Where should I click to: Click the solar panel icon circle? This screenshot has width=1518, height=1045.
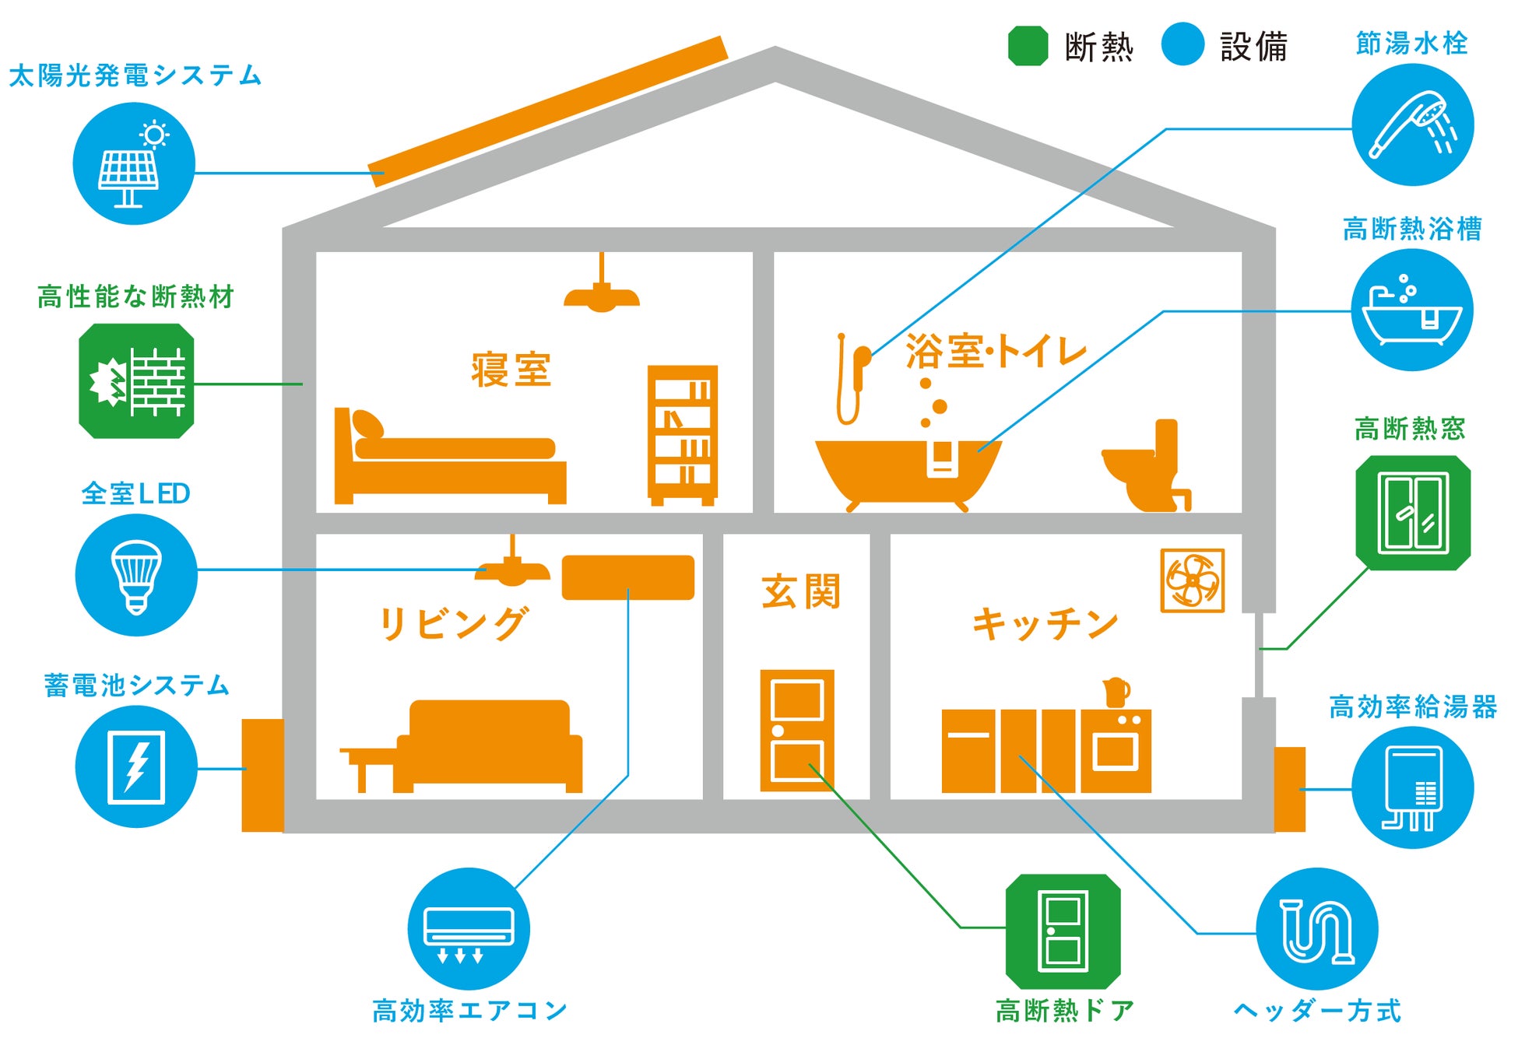[x=133, y=164]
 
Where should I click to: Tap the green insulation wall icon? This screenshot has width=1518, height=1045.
[x=136, y=381]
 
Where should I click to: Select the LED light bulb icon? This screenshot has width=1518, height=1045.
[x=136, y=575]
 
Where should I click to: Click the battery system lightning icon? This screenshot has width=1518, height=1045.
[x=136, y=766]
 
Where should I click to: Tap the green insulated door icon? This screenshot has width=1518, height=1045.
[x=1063, y=931]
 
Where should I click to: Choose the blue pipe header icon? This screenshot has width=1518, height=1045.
[x=1317, y=929]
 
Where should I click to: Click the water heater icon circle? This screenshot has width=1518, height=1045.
[x=1412, y=787]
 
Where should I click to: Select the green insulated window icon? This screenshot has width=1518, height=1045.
[x=1413, y=513]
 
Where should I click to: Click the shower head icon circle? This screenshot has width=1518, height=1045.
[x=1412, y=124]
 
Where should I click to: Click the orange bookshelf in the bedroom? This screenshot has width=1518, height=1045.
[x=682, y=435]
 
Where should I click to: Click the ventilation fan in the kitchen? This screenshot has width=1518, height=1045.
[x=1192, y=580]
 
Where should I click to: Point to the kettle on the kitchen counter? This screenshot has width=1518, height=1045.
[x=1116, y=692]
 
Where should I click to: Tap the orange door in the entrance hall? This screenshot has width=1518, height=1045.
[x=796, y=730]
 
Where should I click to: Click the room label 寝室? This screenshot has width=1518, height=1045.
[x=511, y=370]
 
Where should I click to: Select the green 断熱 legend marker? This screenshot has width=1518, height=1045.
[x=1028, y=46]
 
